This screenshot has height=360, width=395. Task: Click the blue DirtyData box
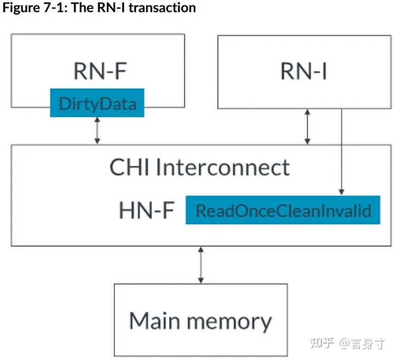(97, 102)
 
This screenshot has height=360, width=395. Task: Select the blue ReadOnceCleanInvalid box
(283, 210)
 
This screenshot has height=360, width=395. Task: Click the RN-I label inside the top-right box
(303, 71)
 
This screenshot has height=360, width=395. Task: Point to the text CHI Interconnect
(199, 167)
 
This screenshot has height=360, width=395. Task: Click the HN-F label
(146, 210)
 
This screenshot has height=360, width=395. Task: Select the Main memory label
(200, 320)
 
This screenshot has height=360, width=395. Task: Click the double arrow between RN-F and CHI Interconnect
(97, 130)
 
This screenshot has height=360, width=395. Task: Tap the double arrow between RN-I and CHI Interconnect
(308, 127)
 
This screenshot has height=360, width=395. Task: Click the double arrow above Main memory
(201, 265)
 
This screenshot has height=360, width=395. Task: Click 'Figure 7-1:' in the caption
(35, 8)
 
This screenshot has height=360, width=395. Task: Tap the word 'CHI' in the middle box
(131, 167)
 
